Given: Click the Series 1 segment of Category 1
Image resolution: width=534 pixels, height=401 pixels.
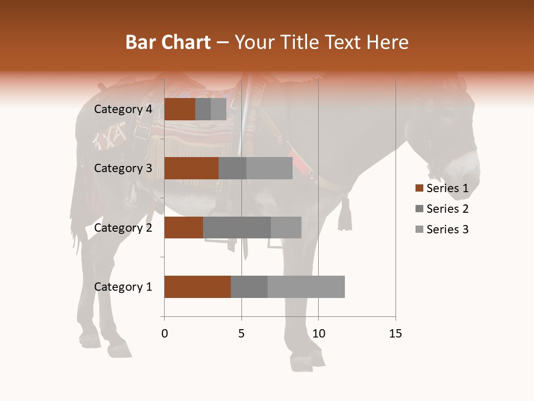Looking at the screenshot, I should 197,287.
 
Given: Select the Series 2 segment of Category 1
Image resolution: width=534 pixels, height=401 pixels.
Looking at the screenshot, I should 249,287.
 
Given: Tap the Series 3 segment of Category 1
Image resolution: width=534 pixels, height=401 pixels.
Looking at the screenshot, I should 306,287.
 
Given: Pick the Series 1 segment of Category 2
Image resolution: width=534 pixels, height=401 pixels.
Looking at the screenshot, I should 184,227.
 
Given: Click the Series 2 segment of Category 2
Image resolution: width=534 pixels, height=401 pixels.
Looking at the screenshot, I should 237,227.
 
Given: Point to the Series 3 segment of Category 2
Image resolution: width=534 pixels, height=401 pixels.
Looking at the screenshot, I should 286,227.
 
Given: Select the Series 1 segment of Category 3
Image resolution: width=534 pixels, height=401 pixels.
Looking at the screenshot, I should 191,168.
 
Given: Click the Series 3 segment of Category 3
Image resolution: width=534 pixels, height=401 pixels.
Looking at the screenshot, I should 269,168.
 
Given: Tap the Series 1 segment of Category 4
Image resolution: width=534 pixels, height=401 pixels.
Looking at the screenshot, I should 180,109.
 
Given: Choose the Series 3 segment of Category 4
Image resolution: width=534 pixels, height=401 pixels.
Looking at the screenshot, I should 219,109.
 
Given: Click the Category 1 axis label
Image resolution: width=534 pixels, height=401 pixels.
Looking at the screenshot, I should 123,287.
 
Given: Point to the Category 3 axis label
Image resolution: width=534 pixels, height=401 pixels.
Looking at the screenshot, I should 123,168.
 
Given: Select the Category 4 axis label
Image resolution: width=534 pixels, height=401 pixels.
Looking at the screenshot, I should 123,109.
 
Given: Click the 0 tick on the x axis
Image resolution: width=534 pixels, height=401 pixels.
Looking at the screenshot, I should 165,334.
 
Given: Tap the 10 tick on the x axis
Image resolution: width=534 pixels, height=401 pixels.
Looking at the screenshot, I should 318,334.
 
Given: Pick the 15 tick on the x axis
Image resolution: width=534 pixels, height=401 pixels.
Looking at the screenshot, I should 395,334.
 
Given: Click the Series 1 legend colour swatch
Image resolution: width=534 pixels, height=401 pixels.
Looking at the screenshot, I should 419,188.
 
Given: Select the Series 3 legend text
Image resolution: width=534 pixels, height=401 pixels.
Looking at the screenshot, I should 447,229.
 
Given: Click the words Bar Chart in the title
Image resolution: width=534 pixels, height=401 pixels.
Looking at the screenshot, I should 168,42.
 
